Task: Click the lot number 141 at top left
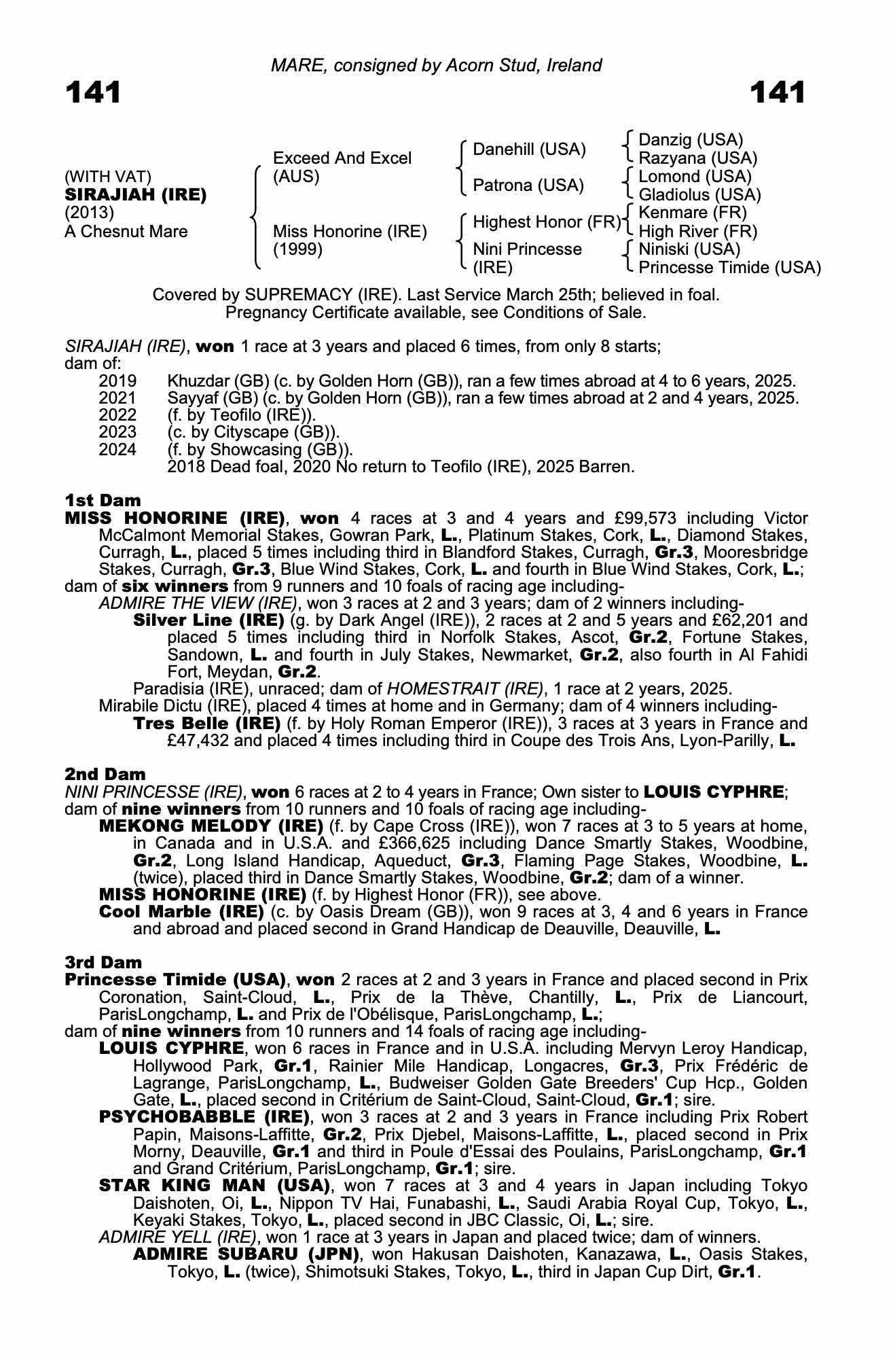pyautogui.click(x=93, y=92)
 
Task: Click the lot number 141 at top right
pyautogui.click(x=778, y=92)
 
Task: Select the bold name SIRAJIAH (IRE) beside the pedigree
pyautogui.click(x=135, y=195)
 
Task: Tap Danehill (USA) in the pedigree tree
pyautogui.click(x=529, y=149)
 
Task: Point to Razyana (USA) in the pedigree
pyautogui.click(x=697, y=158)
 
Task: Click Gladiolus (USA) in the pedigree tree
pyautogui.click(x=699, y=195)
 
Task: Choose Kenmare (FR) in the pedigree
pyautogui.click(x=693, y=213)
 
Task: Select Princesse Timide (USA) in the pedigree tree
pyautogui.click(x=729, y=268)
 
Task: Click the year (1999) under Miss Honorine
pyautogui.click(x=297, y=249)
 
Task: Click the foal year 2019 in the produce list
pyautogui.click(x=117, y=381)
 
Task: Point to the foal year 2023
pyautogui.click(x=117, y=432)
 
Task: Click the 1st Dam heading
pyautogui.click(x=103, y=501)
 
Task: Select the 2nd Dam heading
pyautogui.click(x=105, y=774)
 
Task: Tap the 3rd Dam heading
pyautogui.click(x=104, y=962)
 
